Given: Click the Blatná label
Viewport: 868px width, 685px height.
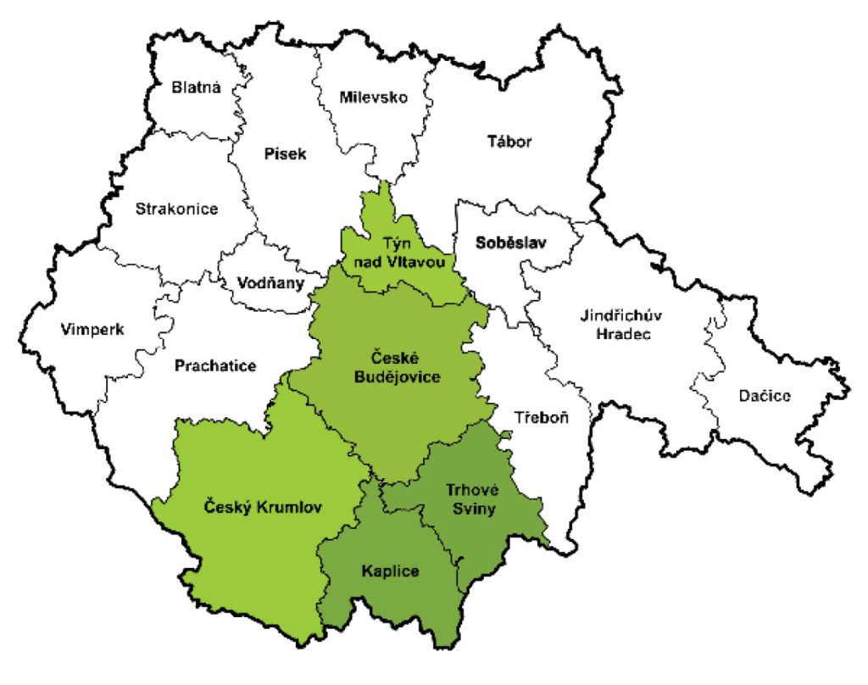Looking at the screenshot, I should click(x=197, y=86).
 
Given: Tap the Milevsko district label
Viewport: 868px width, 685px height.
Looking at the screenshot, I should click(x=374, y=97).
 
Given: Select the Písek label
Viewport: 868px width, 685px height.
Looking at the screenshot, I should click(x=284, y=153).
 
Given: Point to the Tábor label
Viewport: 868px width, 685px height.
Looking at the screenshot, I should click(x=510, y=142).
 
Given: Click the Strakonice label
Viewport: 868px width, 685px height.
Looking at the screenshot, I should click(x=176, y=209).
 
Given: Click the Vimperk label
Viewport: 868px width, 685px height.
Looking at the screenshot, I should click(x=92, y=329).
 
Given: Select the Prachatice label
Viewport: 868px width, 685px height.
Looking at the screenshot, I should click(x=215, y=365).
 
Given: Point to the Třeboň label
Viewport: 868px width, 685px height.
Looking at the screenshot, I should click(x=542, y=419).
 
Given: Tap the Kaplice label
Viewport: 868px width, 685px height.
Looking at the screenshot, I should click(x=390, y=571).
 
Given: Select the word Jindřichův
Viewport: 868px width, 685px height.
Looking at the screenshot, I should click(x=621, y=316).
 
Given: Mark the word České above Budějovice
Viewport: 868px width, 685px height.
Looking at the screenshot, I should click(x=398, y=359).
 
